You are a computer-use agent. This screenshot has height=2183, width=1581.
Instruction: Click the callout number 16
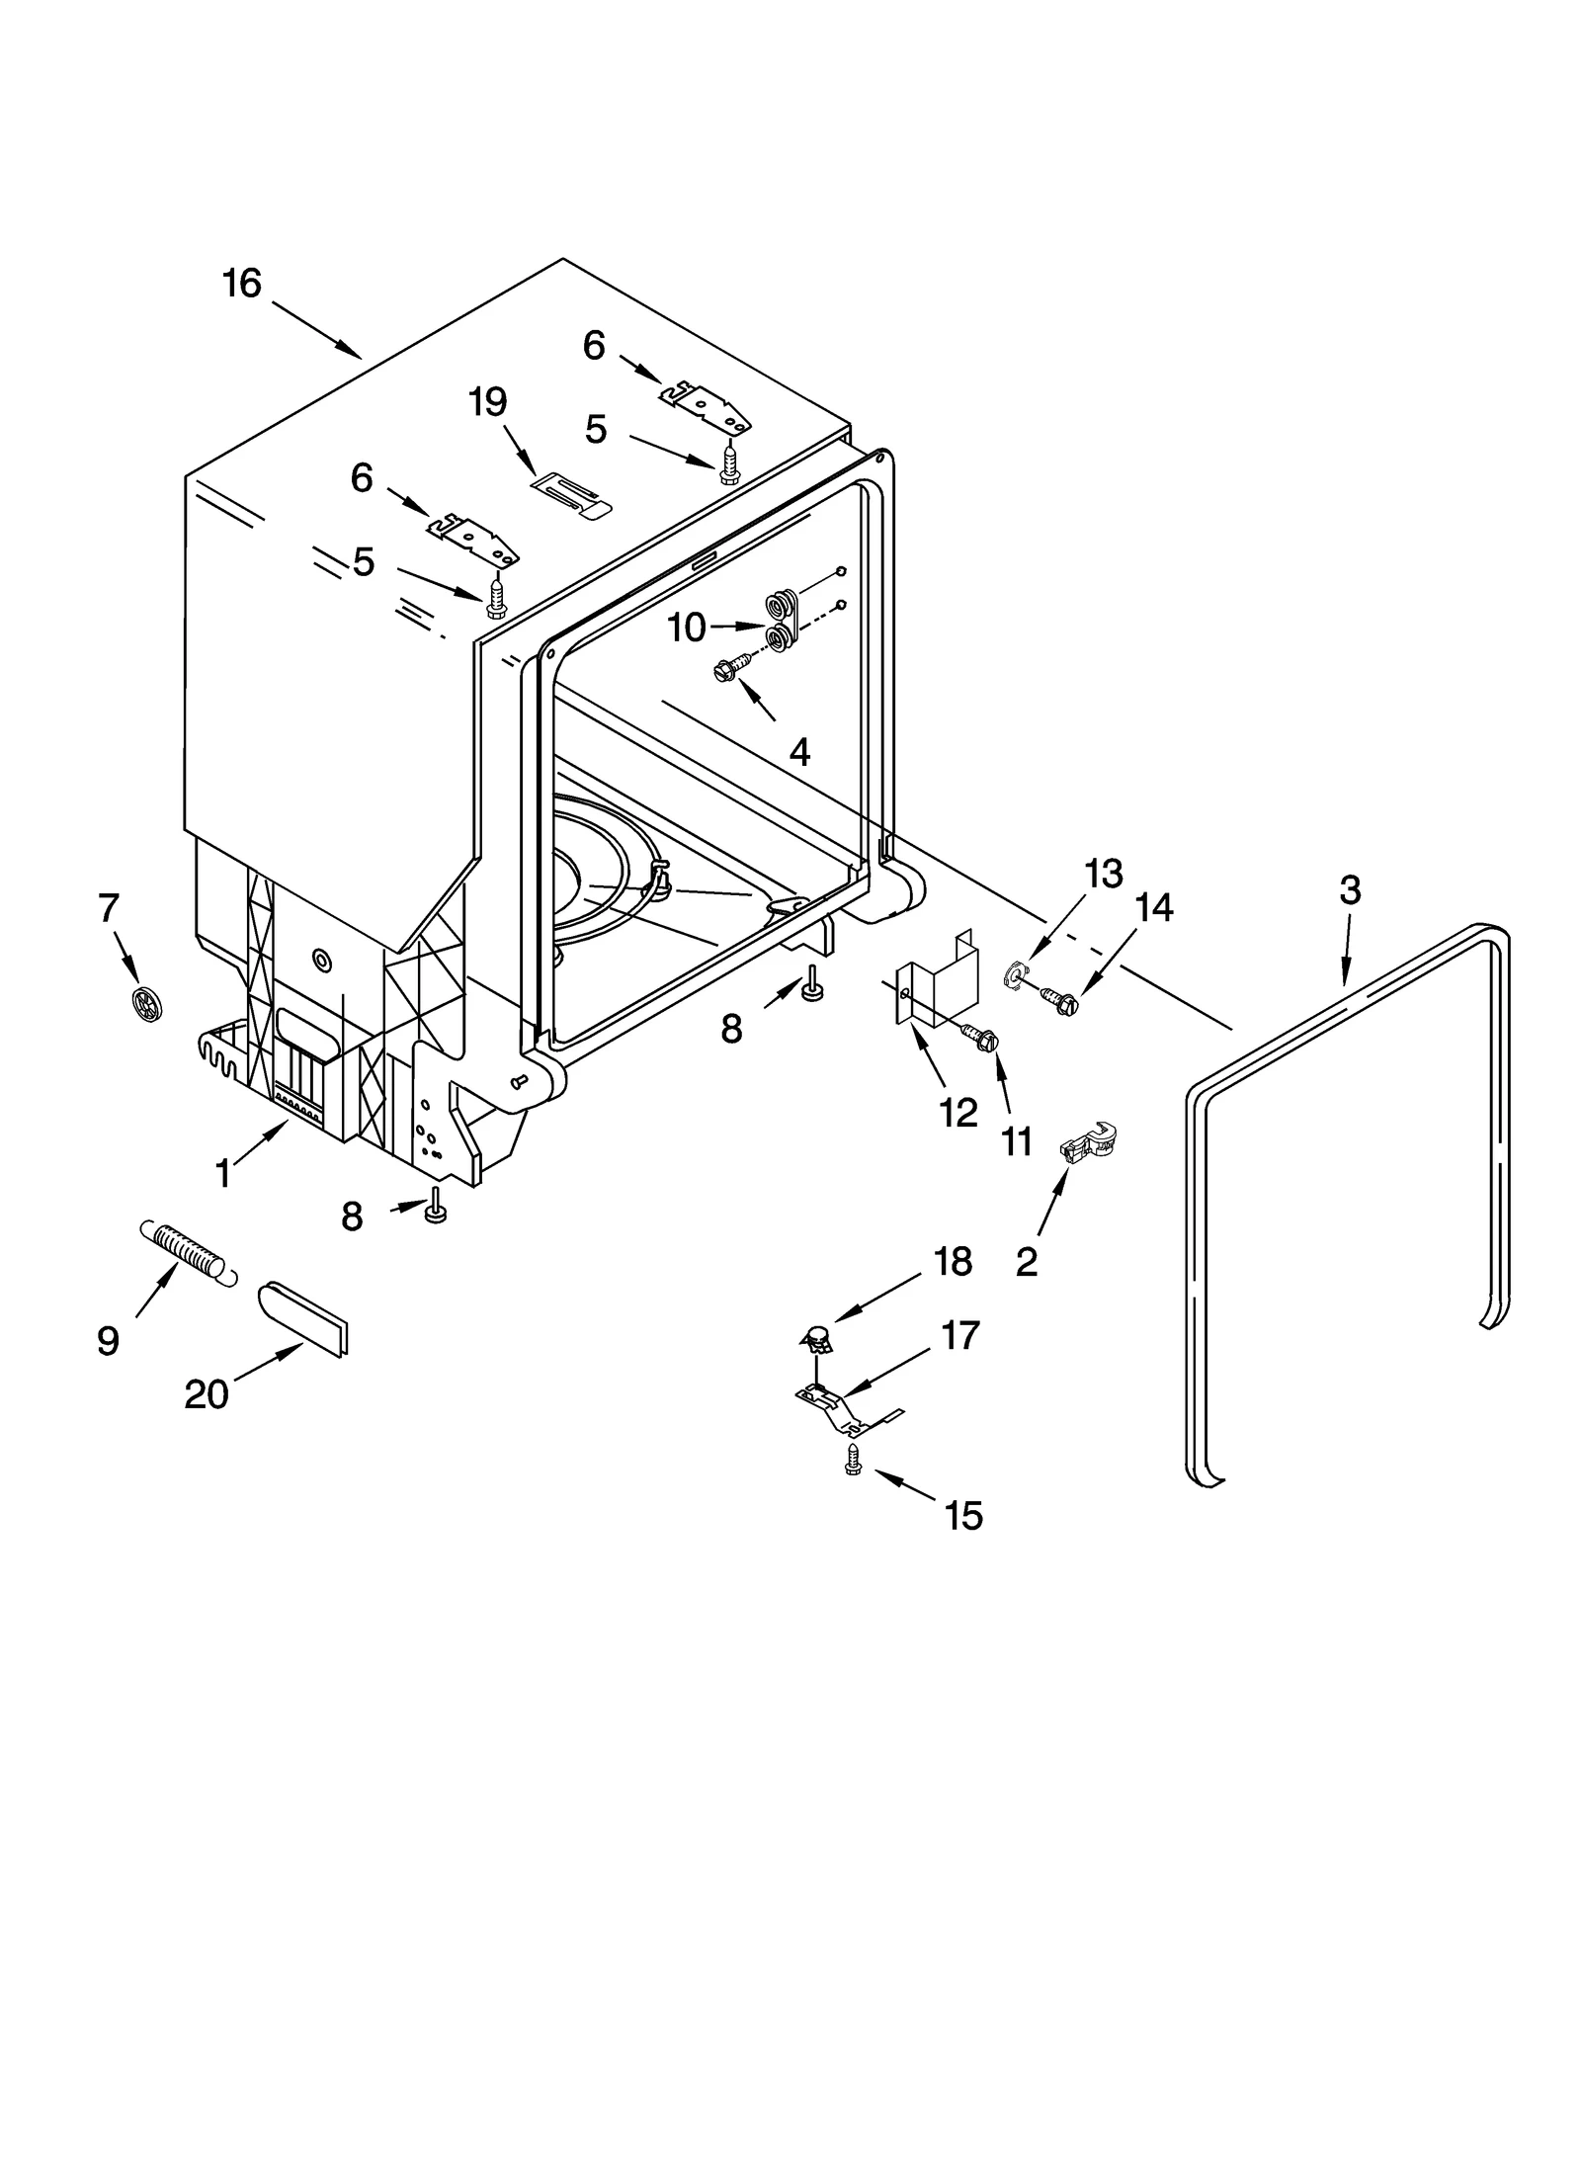(241, 284)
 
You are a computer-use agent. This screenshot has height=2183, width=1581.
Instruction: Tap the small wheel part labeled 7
(146, 1003)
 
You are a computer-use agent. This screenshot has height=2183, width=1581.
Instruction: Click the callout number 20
(206, 1394)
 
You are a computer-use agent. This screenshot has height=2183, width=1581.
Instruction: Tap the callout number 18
(954, 1261)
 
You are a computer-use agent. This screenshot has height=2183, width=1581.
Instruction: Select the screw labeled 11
(982, 1038)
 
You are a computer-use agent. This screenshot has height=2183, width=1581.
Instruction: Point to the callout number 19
(488, 402)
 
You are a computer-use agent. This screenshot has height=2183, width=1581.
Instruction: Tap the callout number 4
(799, 752)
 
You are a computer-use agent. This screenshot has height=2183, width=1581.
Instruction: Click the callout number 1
(223, 1174)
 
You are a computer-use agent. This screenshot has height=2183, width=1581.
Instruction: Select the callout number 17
(960, 1335)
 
